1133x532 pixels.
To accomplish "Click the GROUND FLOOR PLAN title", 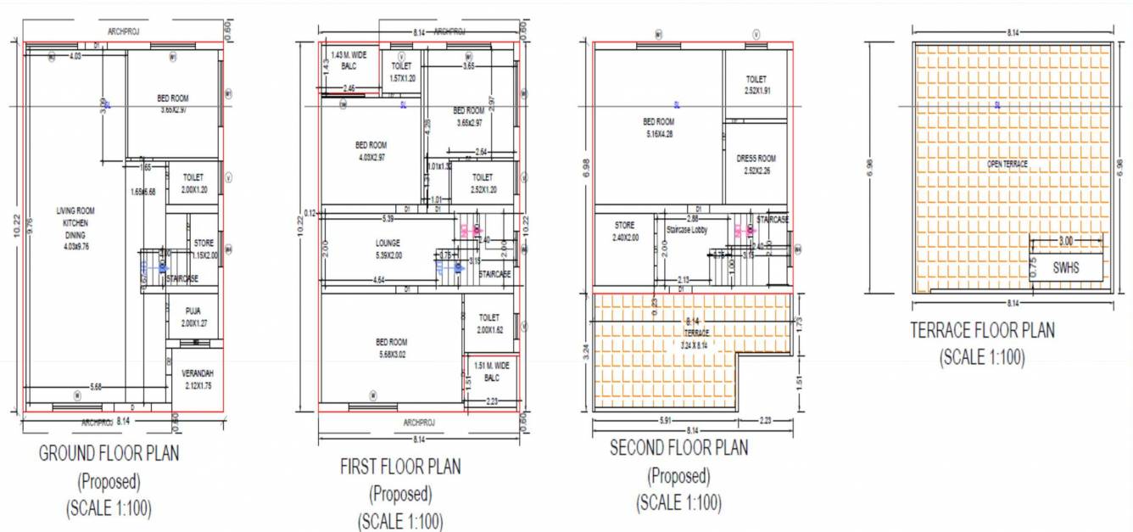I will click(109, 453).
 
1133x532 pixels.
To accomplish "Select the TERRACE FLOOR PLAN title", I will click(982, 330).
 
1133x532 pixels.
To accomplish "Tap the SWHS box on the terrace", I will click(1067, 267).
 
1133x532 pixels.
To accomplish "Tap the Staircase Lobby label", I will click(688, 230).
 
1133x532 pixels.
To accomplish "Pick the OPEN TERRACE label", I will click(1007, 164).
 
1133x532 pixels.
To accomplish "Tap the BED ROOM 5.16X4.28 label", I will click(658, 127).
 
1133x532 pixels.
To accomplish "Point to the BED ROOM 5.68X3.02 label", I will click(390, 348).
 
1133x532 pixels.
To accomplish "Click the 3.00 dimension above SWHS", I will click(1065, 242).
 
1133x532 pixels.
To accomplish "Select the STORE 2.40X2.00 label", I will click(624, 232).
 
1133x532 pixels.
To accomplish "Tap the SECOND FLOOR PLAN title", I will click(678, 448).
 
